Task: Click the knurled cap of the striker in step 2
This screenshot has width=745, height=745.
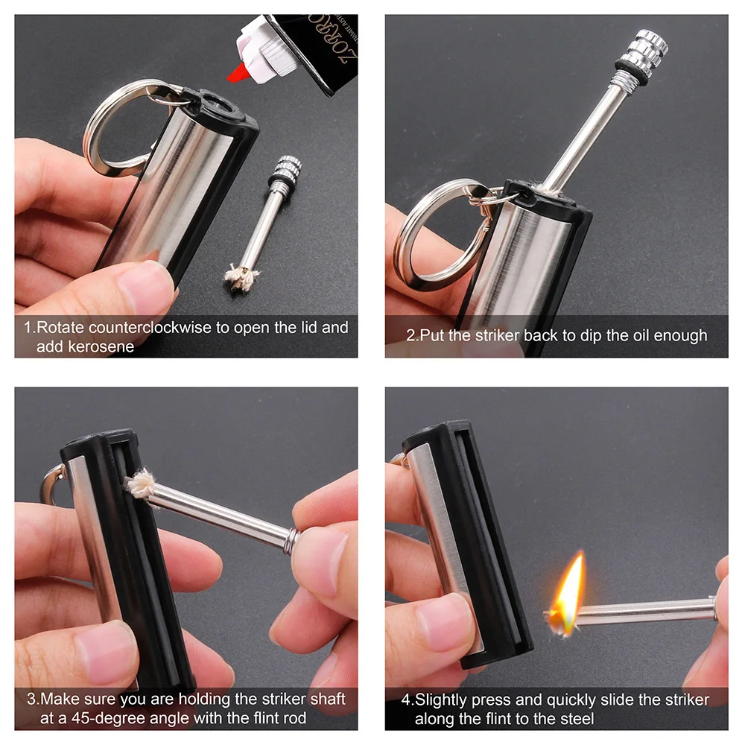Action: coord(641,51)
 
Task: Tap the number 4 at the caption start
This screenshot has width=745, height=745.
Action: coord(407,700)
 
